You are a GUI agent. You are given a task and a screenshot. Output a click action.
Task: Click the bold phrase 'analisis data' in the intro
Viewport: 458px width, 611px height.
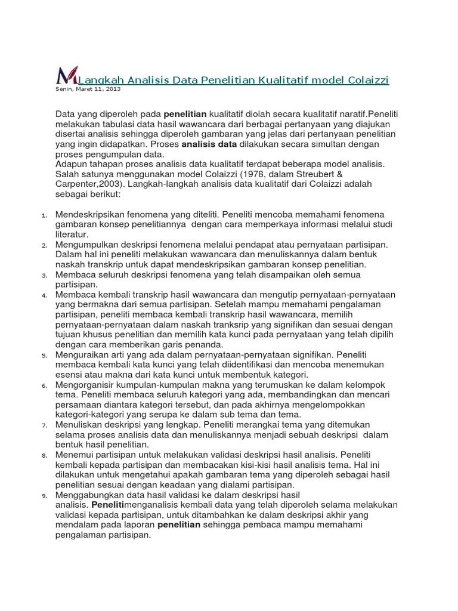(x=209, y=144)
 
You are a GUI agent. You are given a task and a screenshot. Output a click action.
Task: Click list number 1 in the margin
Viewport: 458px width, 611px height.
(x=44, y=215)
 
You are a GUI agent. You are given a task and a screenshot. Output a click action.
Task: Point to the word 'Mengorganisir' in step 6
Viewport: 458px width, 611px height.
(x=85, y=385)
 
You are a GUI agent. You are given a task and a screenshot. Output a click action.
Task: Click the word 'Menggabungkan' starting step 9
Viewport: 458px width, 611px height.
(x=89, y=495)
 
